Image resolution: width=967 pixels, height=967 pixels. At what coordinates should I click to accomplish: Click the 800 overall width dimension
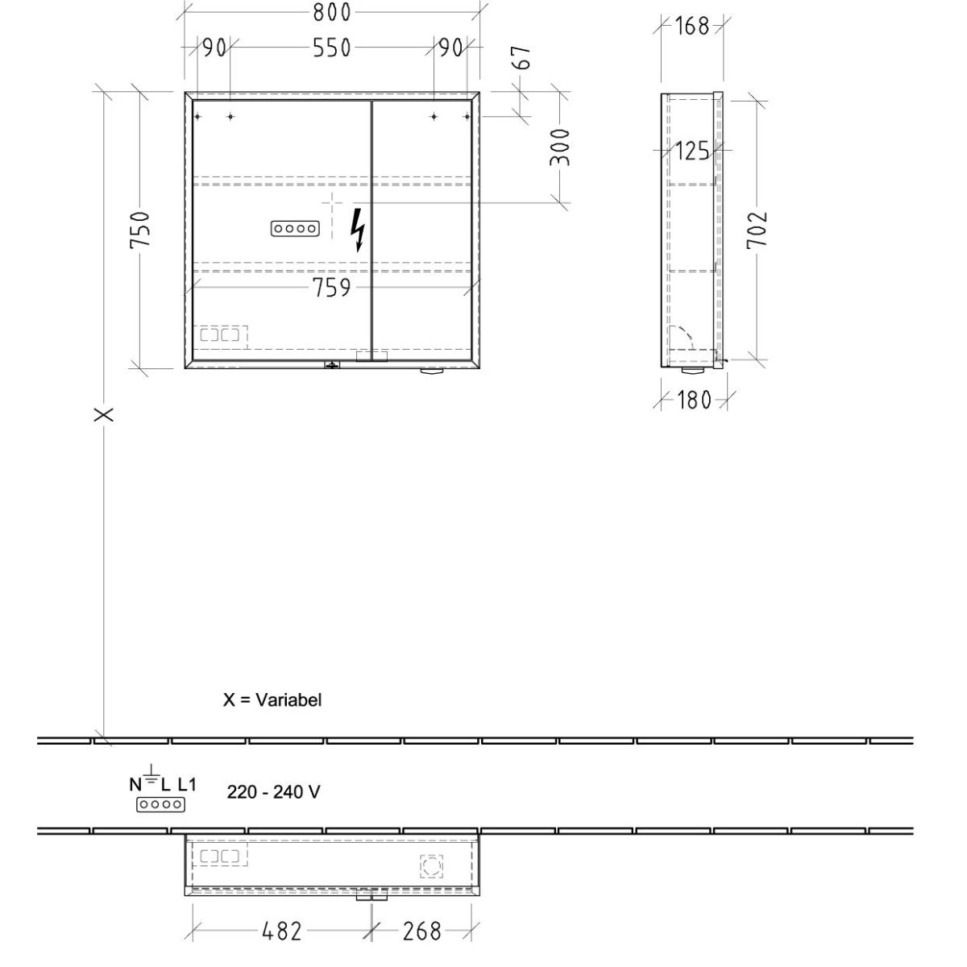coord(332,13)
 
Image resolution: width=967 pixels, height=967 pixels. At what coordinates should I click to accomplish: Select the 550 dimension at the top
coord(332,48)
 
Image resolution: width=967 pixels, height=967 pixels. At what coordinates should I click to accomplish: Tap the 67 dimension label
coord(523,57)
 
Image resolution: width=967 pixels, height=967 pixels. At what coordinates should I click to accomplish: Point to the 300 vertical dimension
coord(560,147)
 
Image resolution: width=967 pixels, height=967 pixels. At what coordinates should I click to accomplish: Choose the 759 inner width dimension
coord(332,288)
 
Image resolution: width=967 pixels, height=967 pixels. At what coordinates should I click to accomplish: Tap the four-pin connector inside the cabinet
coord(295,229)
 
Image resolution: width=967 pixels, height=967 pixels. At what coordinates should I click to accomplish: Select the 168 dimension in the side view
coord(692,26)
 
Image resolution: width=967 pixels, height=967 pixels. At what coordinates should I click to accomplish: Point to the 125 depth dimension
coord(692,151)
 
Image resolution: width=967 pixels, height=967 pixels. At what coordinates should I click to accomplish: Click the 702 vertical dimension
coord(757,230)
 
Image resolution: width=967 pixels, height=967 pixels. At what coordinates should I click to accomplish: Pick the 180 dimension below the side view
coord(694,400)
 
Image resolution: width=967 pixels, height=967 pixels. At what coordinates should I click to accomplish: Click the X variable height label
coord(104,414)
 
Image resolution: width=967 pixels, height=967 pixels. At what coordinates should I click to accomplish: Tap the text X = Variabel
coord(272,699)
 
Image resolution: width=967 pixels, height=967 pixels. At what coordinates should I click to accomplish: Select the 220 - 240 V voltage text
coord(273,792)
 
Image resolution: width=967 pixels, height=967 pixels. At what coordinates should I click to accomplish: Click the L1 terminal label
coord(187,784)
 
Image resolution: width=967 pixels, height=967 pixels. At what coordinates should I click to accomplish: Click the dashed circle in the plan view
coord(431,866)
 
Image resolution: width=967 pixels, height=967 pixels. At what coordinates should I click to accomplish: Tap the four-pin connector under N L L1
coord(160,804)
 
